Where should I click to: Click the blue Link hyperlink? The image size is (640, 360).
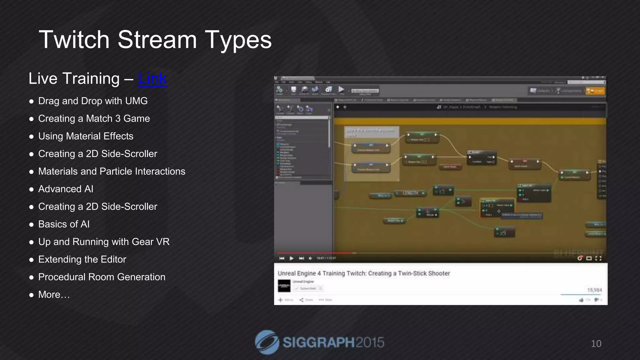152,78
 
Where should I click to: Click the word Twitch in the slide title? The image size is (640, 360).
74,40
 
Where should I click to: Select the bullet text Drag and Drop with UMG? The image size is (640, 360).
93,101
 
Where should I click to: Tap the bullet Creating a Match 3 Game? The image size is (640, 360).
94,119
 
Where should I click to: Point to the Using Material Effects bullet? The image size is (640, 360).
86,136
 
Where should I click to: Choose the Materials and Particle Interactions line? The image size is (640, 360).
112,172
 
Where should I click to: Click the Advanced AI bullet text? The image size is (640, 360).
66,189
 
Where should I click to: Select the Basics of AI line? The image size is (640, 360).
64,224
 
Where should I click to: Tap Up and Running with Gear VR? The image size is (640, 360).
104,242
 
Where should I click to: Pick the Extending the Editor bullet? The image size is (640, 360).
82,259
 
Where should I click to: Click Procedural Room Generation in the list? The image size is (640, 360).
102,277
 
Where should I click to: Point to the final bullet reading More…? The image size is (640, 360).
54,295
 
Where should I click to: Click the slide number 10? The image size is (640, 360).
596,344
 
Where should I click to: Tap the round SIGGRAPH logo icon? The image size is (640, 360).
267,342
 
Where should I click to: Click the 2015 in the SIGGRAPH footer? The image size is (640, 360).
370,342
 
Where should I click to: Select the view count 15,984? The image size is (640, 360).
594,290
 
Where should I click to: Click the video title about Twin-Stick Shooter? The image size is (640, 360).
364,273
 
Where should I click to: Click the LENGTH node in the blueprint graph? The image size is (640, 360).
410,193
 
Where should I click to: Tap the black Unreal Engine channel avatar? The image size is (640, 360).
284,286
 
